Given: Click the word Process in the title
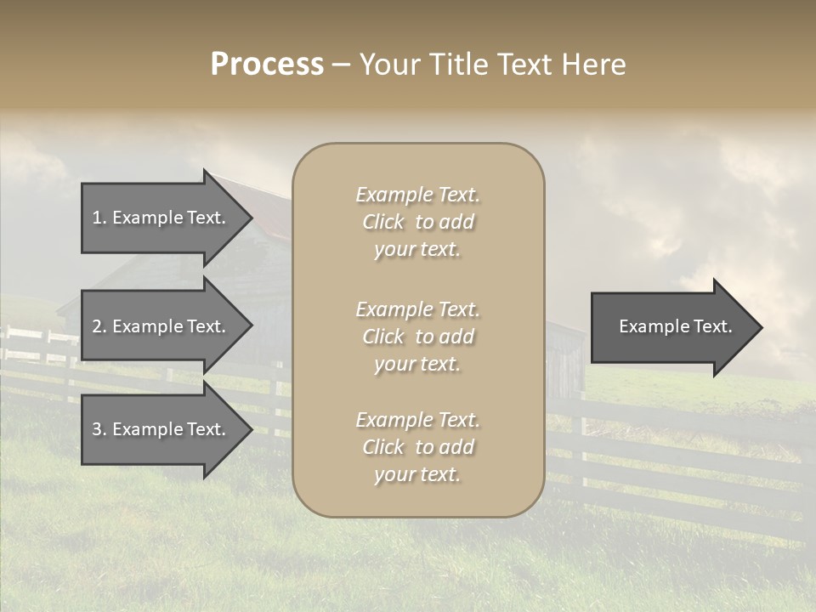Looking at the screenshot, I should pos(267,65).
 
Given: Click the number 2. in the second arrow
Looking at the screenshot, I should pos(99,326).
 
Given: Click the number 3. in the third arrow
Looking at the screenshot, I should pos(99,429).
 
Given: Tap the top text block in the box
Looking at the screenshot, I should pos(417,222).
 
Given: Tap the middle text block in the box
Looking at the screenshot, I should pos(417,337).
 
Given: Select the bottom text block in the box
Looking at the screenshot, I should pos(417,447).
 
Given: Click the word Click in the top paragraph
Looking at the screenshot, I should pos(383,222).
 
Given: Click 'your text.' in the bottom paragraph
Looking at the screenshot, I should pos(417,474).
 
